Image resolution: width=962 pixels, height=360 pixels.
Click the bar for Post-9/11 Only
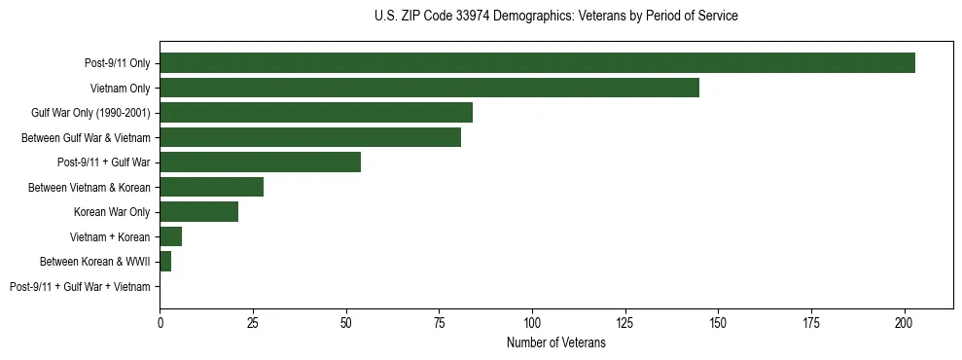pos(537,63)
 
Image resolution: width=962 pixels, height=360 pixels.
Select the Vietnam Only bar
pos(429,88)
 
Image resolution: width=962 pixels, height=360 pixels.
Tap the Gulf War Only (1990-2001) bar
pos(316,113)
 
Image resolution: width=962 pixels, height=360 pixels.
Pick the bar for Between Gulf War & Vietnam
pos(310,137)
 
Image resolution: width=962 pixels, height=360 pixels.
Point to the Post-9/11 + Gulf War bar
pos(260,162)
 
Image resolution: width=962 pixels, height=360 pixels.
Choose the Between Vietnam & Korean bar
pos(211,187)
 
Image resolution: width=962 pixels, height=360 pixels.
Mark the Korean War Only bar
pos(198,211)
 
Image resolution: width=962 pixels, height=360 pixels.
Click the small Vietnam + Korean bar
pos(170,236)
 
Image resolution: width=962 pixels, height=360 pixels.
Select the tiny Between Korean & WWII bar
pos(165,261)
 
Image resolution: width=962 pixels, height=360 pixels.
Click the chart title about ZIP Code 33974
pos(555,17)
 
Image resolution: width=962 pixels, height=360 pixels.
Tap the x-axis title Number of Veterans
pos(555,342)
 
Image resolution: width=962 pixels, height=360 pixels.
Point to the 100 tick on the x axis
pos(532,321)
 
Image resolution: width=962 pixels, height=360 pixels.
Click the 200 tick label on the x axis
pos(905,321)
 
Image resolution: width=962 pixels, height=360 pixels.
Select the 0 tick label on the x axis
pos(160,321)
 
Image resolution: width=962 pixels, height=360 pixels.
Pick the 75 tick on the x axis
pos(439,321)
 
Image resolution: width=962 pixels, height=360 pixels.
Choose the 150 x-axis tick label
pos(718,321)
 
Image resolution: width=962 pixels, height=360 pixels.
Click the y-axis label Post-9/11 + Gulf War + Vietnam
pos(80,286)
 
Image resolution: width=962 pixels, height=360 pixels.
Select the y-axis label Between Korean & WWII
pos(94,262)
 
